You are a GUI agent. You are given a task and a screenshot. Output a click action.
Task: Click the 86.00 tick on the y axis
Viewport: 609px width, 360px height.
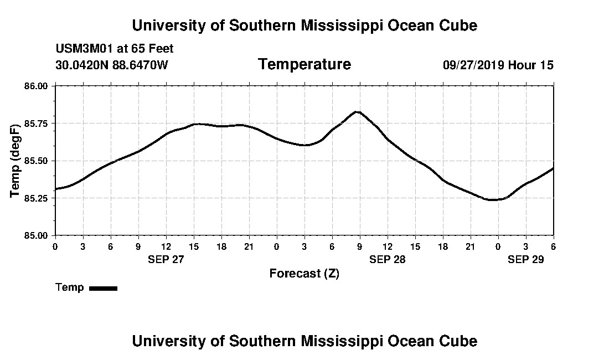[x=37, y=86]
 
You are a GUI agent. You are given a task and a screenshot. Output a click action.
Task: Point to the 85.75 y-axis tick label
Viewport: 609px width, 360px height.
[x=37, y=123]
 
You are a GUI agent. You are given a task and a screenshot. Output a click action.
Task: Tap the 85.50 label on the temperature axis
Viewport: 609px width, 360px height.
[x=37, y=161]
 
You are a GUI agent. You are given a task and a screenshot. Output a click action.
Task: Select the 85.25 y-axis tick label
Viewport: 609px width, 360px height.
[x=37, y=198]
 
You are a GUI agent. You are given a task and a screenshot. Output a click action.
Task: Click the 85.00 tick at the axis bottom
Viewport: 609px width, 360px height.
[x=37, y=235]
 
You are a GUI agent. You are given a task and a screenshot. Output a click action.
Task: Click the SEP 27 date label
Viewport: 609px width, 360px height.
[x=166, y=259]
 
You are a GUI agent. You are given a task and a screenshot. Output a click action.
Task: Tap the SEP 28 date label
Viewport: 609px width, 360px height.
[x=388, y=259]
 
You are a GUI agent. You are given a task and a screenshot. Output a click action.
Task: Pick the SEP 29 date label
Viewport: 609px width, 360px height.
[x=526, y=259]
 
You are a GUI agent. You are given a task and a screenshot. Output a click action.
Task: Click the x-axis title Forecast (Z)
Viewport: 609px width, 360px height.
[x=304, y=274]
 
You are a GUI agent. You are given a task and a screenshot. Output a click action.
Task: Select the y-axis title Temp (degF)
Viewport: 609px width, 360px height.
[x=16, y=161]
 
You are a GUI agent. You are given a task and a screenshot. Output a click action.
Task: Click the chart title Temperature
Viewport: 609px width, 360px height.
[x=304, y=64]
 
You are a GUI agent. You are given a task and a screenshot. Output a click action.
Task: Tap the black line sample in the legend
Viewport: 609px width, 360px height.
[x=104, y=288]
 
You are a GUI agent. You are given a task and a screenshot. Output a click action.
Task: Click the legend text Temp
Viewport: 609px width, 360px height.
[x=70, y=287]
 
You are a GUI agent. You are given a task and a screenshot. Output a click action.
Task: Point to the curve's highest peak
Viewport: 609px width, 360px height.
[x=358, y=112]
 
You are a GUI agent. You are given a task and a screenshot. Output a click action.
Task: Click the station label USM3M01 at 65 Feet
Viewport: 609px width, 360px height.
[x=115, y=49]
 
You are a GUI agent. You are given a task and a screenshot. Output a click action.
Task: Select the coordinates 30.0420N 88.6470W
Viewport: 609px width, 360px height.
[x=112, y=65]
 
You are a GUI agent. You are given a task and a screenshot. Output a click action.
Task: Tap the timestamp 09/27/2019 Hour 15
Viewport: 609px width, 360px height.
[x=498, y=65]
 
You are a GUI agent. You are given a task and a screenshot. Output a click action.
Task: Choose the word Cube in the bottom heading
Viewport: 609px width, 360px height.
[x=459, y=341]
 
